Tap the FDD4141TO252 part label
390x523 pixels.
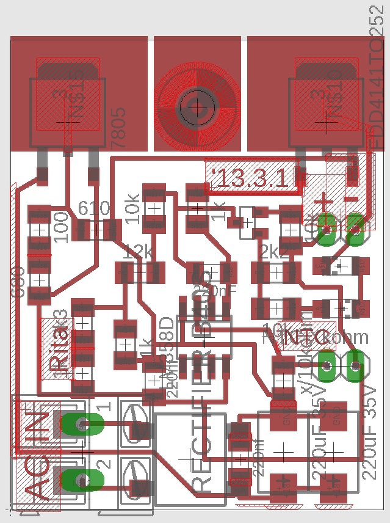pos(377,76)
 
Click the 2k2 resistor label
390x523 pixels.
pos(273,251)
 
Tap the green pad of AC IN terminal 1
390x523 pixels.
pos(81,423)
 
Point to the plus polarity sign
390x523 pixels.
pos(324,202)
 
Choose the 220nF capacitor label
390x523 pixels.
pos(218,291)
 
